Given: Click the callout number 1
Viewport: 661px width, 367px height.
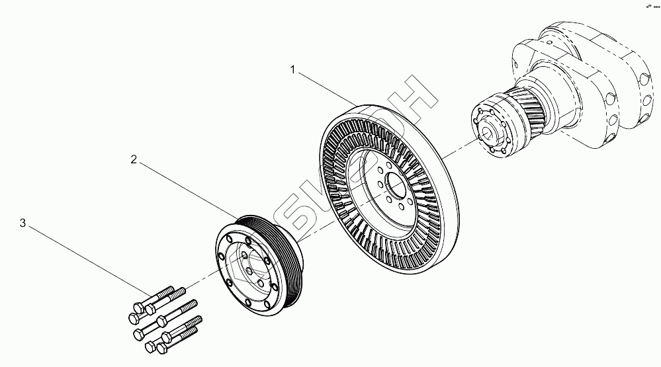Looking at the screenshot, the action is click(x=292, y=68).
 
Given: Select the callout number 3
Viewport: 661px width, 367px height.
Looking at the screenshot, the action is click(x=22, y=224).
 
